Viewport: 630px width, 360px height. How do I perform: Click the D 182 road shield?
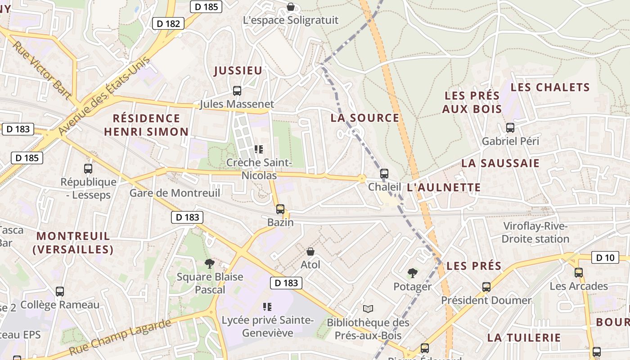169,23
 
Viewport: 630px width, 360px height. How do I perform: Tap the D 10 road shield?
605,258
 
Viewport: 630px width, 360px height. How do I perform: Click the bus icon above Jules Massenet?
237,91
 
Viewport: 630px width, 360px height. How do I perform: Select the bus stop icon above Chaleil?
384,173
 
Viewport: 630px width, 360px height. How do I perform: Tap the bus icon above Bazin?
280,209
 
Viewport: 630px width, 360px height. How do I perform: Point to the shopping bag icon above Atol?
310,252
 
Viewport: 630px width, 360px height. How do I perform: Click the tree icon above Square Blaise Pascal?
209,263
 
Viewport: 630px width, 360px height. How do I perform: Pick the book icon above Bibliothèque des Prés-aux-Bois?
368,309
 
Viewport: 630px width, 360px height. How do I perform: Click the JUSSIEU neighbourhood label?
238,71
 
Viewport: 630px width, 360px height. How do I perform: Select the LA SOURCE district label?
365,118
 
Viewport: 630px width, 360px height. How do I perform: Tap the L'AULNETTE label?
444,188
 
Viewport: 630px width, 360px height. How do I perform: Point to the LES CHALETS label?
550,87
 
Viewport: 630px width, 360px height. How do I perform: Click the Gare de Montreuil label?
175,193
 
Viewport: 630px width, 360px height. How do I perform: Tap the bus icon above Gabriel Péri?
510,128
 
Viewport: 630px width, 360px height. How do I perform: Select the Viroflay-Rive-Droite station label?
535,232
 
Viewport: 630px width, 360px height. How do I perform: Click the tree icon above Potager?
412,273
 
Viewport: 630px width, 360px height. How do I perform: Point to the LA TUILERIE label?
524,337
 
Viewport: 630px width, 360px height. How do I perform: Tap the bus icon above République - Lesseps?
88,169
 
